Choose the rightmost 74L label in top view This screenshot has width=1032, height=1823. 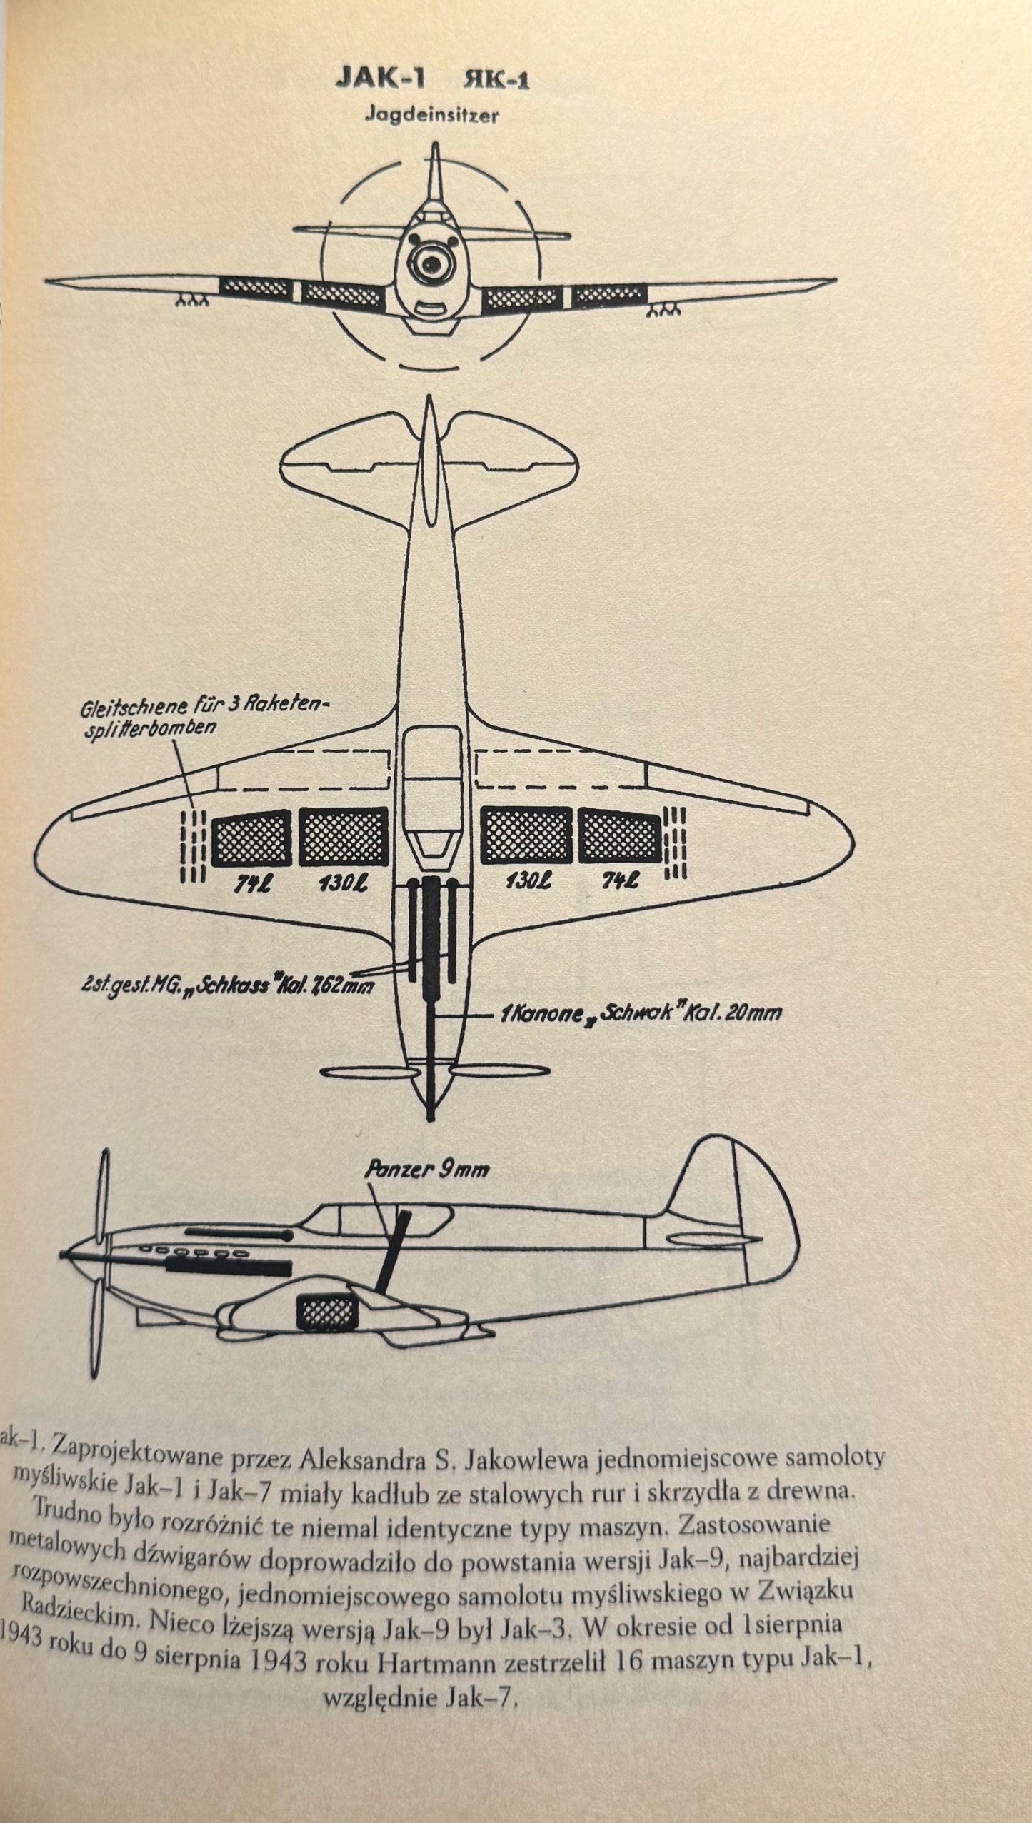[618, 882]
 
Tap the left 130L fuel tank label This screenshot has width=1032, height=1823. [344, 883]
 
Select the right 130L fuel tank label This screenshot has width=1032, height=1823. [527, 882]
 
